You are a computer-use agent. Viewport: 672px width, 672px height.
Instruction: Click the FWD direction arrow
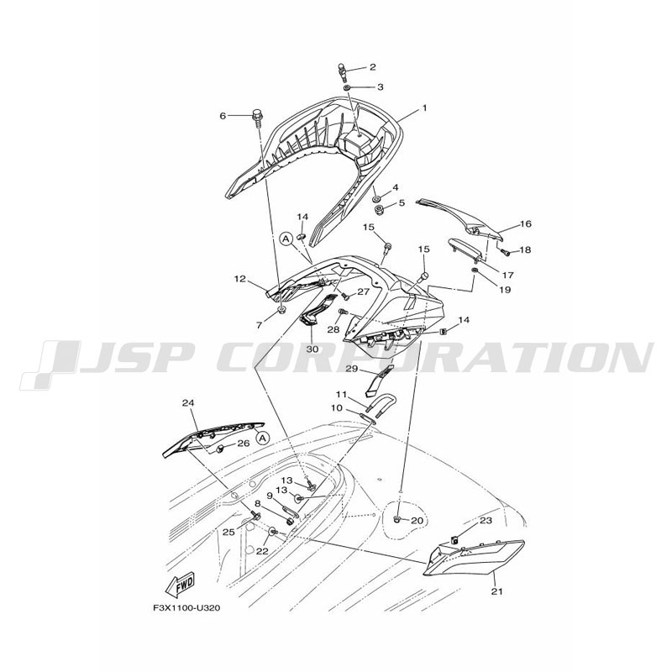click(181, 585)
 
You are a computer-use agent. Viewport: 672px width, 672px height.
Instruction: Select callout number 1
click(424, 108)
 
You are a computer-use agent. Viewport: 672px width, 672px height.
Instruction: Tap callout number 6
click(223, 116)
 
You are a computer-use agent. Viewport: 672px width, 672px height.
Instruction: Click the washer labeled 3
click(347, 87)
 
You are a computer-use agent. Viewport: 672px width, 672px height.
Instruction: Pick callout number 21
click(497, 591)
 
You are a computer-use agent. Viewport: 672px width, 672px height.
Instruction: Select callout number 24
click(187, 403)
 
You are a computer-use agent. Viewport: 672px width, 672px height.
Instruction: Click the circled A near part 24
click(263, 438)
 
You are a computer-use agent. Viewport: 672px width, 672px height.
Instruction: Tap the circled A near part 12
click(286, 239)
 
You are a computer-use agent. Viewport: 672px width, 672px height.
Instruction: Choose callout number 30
click(312, 349)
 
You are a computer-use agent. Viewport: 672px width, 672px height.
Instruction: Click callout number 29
click(351, 369)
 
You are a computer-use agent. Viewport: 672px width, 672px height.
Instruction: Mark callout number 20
click(417, 521)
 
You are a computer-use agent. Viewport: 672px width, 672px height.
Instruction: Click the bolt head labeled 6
click(257, 114)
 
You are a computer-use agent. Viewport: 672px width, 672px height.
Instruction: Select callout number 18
click(524, 249)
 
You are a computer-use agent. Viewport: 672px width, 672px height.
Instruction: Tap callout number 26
click(243, 444)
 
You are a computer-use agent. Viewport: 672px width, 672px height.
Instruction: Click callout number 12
click(239, 279)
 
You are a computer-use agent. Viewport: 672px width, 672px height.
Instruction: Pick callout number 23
click(486, 520)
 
